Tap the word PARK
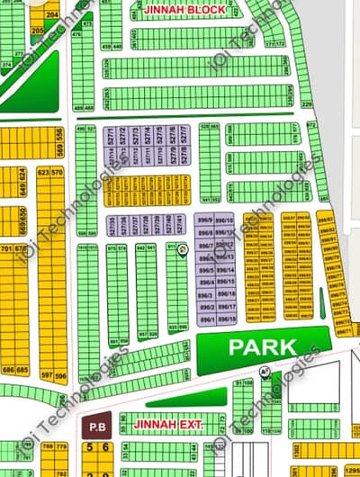(x=262, y=346)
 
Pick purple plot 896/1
(x=206, y=319)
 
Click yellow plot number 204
(x=51, y=15)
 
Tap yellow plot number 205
(x=37, y=31)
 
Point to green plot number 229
(x=306, y=105)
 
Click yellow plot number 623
(x=43, y=171)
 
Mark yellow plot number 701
(x=7, y=248)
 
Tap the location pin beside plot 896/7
(x=183, y=248)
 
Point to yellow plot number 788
(x=46, y=446)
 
